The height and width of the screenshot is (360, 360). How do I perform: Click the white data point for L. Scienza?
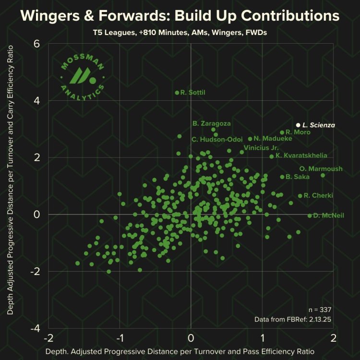(x=298, y=125)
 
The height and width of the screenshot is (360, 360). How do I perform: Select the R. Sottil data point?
(x=177, y=93)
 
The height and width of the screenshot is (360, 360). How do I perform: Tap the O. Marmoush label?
(x=321, y=168)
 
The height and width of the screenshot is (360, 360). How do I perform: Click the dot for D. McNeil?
(x=310, y=216)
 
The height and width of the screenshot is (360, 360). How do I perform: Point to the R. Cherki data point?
(x=300, y=196)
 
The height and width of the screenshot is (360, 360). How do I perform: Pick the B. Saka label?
(x=298, y=177)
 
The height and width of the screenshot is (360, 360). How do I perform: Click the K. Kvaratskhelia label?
(x=301, y=156)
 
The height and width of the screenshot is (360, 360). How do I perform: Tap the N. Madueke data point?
(x=250, y=139)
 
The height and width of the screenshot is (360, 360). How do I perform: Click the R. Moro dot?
(x=282, y=132)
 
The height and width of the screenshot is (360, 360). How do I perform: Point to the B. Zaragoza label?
(x=212, y=123)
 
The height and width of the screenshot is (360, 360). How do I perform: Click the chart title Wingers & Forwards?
(x=180, y=16)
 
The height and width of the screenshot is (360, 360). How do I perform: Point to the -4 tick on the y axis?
(x=35, y=328)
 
